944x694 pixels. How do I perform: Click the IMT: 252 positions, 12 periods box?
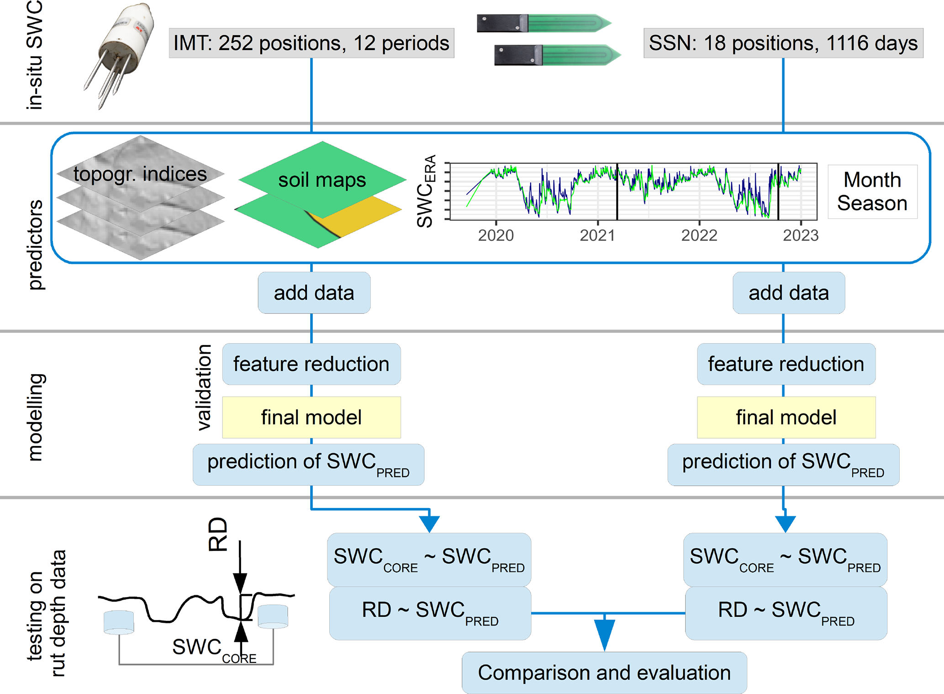coord(311,43)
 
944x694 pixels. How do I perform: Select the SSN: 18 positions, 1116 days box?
coord(783,43)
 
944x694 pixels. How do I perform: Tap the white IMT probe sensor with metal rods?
coord(120,55)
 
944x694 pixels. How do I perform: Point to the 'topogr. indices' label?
coord(140,174)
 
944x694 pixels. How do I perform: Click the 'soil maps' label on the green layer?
coord(322,180)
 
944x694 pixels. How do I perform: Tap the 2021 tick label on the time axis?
coord(597,235)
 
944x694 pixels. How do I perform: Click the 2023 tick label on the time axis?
coord(801,235)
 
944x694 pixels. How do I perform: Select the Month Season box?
coord(872,191)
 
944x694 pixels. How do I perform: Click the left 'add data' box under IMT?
coord(314,293)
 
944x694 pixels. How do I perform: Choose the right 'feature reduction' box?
coord(786,364)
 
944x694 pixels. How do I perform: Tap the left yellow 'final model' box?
coord(311,417)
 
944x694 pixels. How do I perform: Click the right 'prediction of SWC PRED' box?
coord(783,465)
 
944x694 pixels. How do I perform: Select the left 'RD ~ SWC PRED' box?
coord(430,613)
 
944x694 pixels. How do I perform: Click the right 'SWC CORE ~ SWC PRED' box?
coord(785,560)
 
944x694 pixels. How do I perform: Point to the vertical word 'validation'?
coord(204,387)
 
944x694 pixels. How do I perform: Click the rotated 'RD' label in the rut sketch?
coord(218,535)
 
